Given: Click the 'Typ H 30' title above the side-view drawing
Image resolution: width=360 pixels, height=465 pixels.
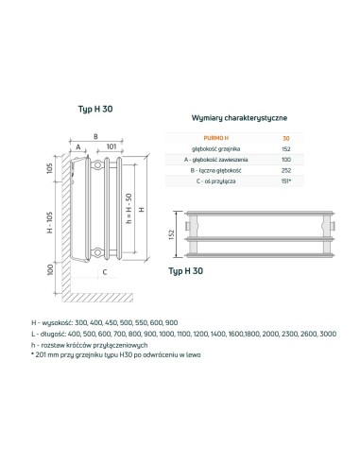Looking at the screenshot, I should [86, 111].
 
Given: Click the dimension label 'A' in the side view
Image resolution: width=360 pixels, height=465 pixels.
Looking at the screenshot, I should [77, 147].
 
